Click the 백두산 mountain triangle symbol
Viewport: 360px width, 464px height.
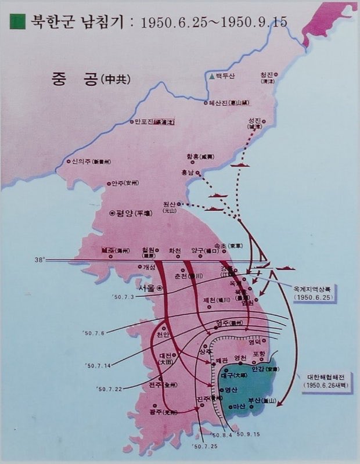[211, 76]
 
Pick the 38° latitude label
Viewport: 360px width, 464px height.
[39, 260]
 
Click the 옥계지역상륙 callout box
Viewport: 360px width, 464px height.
[314, 292]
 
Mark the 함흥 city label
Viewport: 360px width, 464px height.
[198, 157]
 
